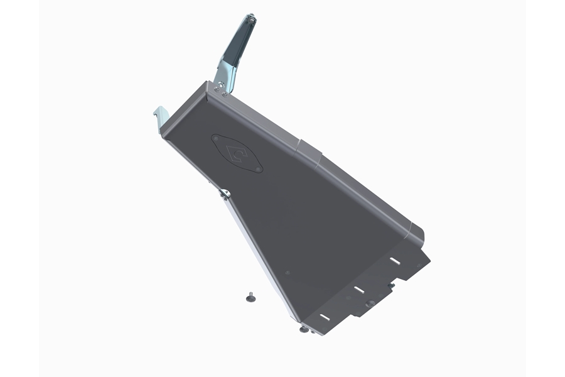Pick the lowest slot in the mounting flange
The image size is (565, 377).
pos(324,317)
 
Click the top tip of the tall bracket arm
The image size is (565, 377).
pos(252,20)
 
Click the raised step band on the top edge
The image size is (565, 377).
pos(311,151)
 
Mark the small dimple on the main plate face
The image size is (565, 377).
pos(288,273)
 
